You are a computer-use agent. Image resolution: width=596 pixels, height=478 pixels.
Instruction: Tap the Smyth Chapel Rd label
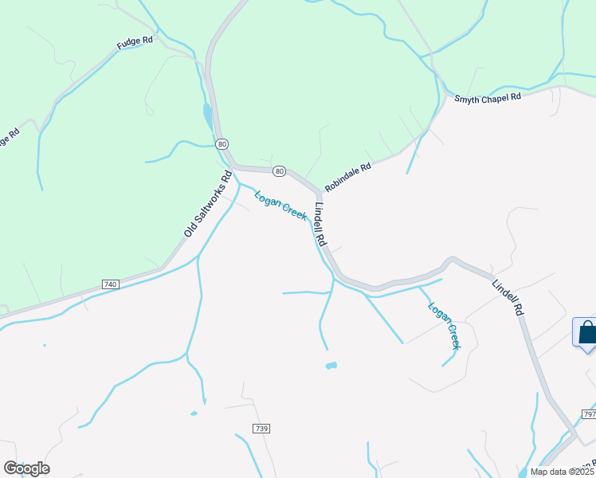(x=487, y=97)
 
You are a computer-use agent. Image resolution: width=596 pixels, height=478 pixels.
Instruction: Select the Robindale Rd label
(x=348, y=176)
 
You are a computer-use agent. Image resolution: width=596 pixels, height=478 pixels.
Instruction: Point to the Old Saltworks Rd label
(x=206, y=204)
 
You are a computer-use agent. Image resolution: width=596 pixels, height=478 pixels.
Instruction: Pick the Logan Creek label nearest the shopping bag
(x=444, y=325)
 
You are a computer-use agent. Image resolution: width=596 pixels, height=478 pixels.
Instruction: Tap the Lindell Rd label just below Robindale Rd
(x=320, y=225)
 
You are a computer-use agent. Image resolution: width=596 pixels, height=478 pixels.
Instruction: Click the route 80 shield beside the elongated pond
(x=222, y=143)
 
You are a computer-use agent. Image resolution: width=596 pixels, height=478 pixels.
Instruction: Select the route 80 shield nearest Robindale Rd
(x=278, y=170)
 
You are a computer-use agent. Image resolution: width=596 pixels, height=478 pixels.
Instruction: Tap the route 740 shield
(x=110, y=284)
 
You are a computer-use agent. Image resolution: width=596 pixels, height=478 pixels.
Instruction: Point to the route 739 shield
(x=261, y=429)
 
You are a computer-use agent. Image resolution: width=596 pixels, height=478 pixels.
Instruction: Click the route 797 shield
(x=589, y=415)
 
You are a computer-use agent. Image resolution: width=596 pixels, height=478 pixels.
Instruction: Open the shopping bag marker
(x=586, y=332)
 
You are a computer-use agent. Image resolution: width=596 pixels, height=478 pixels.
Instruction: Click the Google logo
(x=26, y=468)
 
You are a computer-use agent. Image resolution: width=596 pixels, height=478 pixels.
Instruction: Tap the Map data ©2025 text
(x=563, y=472)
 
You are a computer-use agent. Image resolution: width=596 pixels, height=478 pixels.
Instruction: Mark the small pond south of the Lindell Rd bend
(x=330, y=366)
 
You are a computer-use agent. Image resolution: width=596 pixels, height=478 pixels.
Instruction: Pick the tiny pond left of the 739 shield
(x=193, y=413)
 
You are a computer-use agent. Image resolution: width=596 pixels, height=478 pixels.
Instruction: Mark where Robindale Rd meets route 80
(x=320, y=192)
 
